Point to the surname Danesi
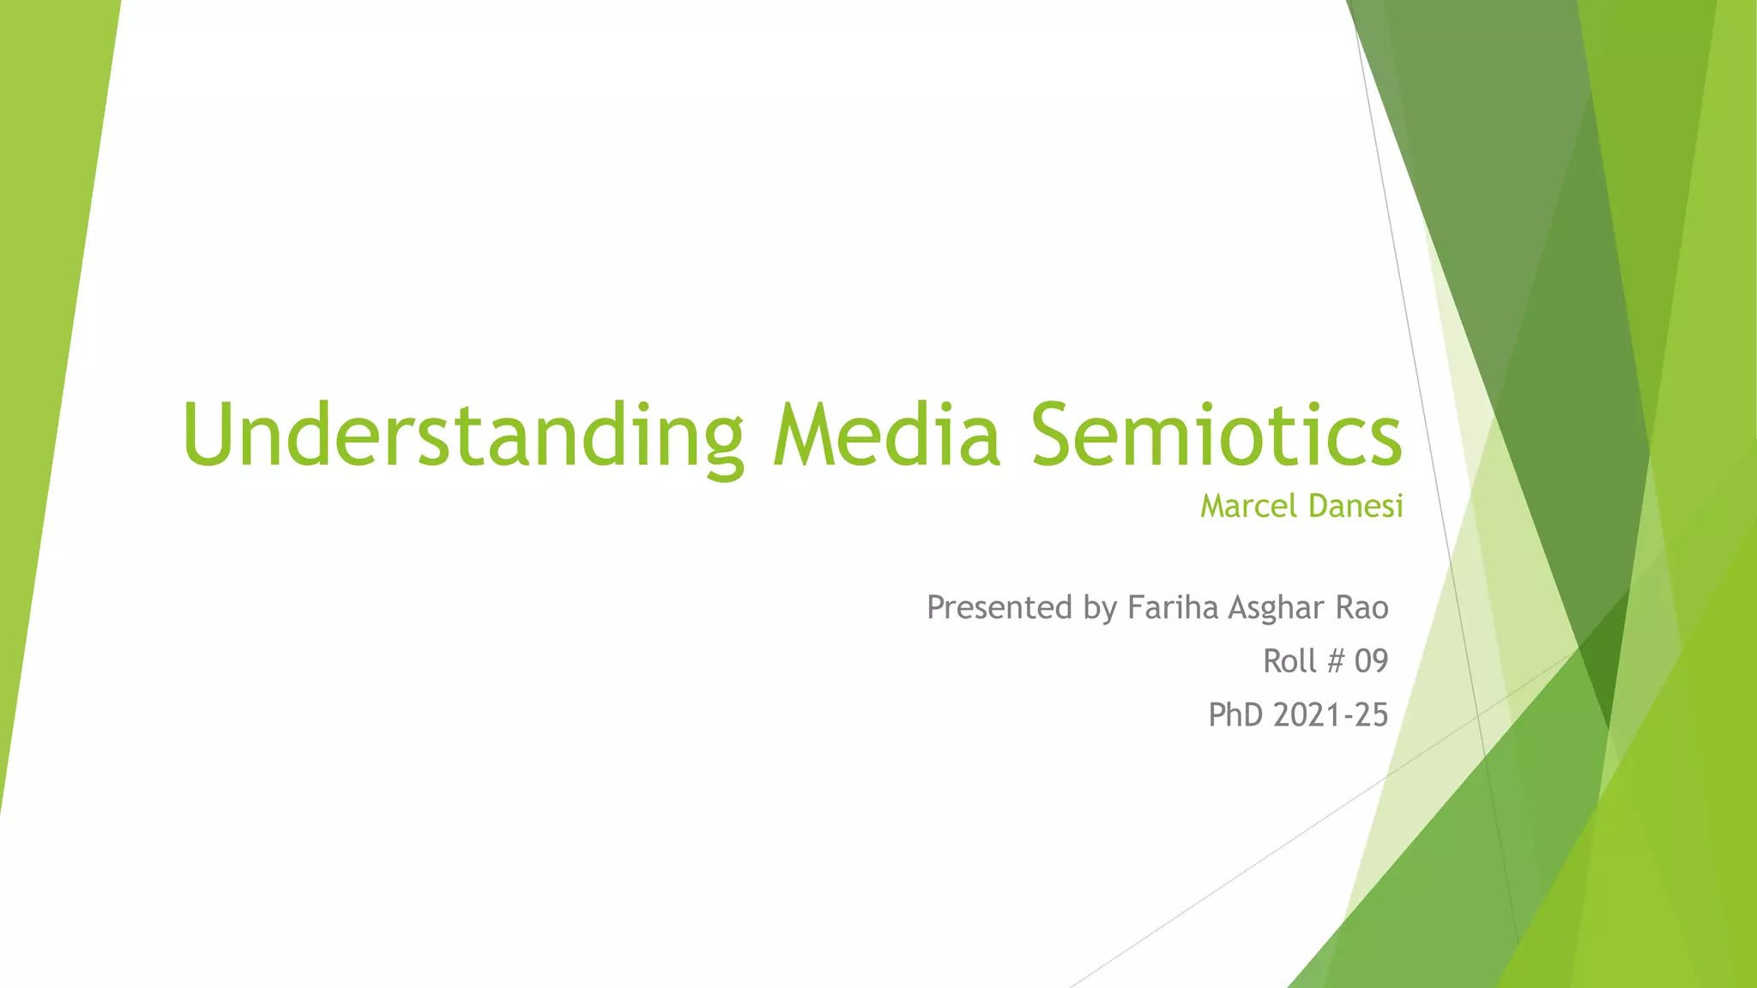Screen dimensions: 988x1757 pyautogui.click(x=1355, y=506)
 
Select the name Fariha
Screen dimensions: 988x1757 pyautogui.click(x=1173, y=607)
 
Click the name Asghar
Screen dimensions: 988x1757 pyautogui.click(x=1277, y=609)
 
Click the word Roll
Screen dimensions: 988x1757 pyautogui.click(x=1289, y=660)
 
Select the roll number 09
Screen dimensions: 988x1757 pyautogui.click(x=1371, y=660)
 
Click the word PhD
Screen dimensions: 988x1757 pyautogui.click(x=1235, y=714)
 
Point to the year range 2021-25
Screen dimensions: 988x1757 pyautogui.click(x=1331, y=714)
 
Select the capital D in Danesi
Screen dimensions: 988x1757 pyautogui.click(x=1318, y=506)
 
